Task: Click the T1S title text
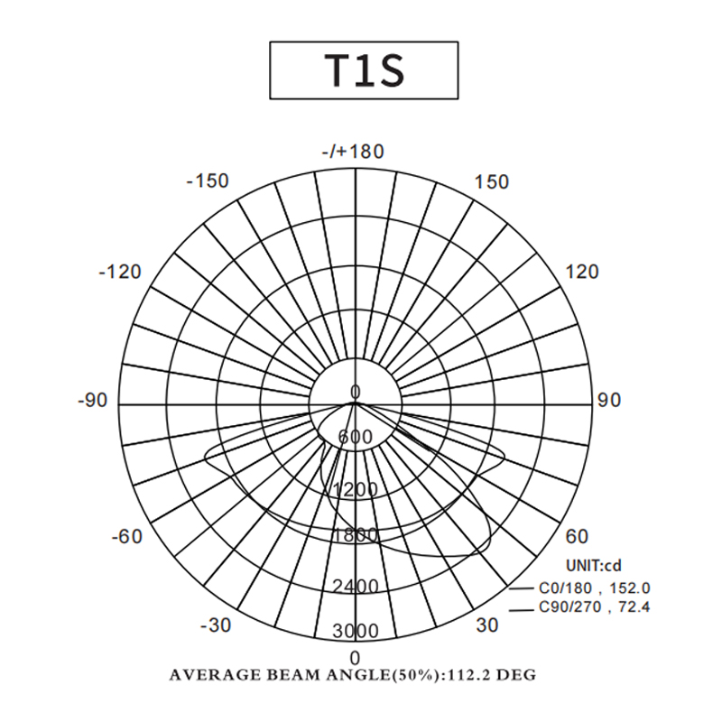pos(365,70)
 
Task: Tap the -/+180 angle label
pos(353,152)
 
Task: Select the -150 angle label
pos(208,181)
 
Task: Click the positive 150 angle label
pos(492,182)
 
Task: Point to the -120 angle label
pos(120,273)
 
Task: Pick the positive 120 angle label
pos(581,273)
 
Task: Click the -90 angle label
pos(93,400)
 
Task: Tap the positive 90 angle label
pos(609,400)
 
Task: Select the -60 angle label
pos(127,536)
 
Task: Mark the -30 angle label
pos(216,625)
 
